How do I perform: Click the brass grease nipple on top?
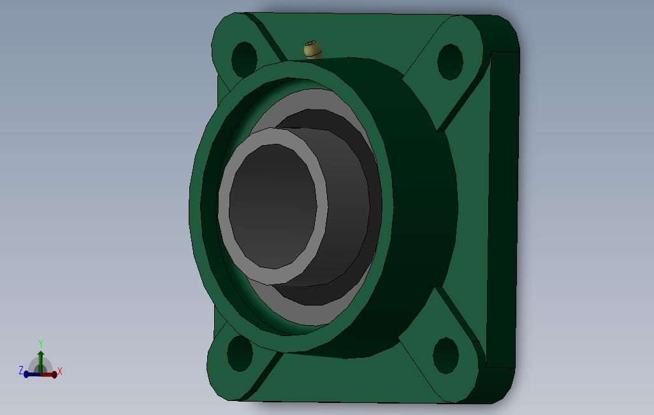click(x=313, y=50)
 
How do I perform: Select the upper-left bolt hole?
click(x=244, y=60)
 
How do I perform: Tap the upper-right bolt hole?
click(x=450, y=62)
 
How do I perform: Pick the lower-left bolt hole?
click(x=240, y=353)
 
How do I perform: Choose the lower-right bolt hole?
click(x=446, y=355)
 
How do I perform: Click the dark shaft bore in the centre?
click(x=273, y=206)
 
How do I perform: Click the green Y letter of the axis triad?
click(x=41, y=343)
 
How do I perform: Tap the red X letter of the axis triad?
click(x=60, y=371)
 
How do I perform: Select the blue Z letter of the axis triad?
click(x=21, y=370)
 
